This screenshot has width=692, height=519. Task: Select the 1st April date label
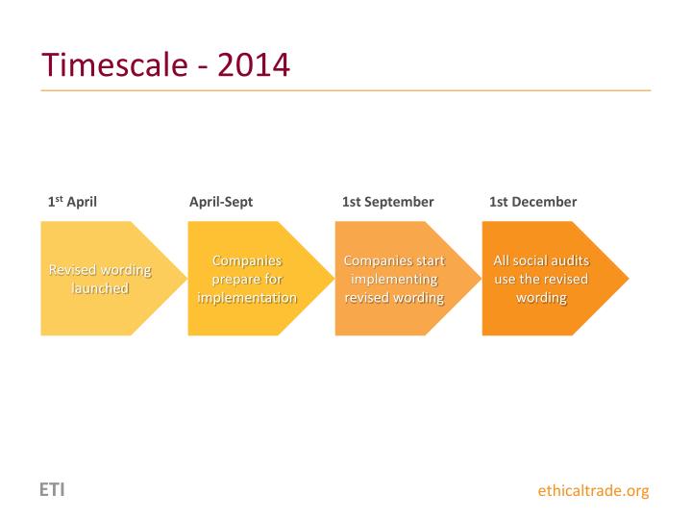pyautogui.click(x=72, y=202)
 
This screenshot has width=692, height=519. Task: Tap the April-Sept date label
pyautogui.click(x=221, y=202)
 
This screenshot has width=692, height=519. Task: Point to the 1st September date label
pyautogui.click(x=387, y=202)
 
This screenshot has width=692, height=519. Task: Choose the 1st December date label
pyautogui.click(x=532, y=202)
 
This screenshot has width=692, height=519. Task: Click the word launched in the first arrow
pyautogui.click(x=100, y=288)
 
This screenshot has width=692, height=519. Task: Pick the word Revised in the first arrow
pyautogui.click(x=73, y=270)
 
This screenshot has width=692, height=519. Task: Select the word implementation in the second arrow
pyautogui.click(x=247, y=298)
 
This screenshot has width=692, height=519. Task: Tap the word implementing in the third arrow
pyautogui.click(x=394, y=280)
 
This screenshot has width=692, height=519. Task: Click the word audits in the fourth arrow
pyautogui.click(x=569, y=261)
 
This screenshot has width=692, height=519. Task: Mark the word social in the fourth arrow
pyautogui.click(x=528, y=261)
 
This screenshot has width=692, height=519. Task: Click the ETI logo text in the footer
pyautogui.click(x=52, y=490)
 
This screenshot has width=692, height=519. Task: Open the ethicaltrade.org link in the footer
pyautogui.click(x=593, y=491)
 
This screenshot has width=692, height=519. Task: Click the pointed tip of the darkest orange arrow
pyautogui.click(x=628, y=279)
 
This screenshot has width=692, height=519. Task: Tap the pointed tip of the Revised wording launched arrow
pyautogui.click(x=185, y=279)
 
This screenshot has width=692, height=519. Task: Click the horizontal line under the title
pyautogui.click(x=346, y=90)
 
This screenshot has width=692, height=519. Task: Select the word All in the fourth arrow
pyautogui.click(x=501, y=261)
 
